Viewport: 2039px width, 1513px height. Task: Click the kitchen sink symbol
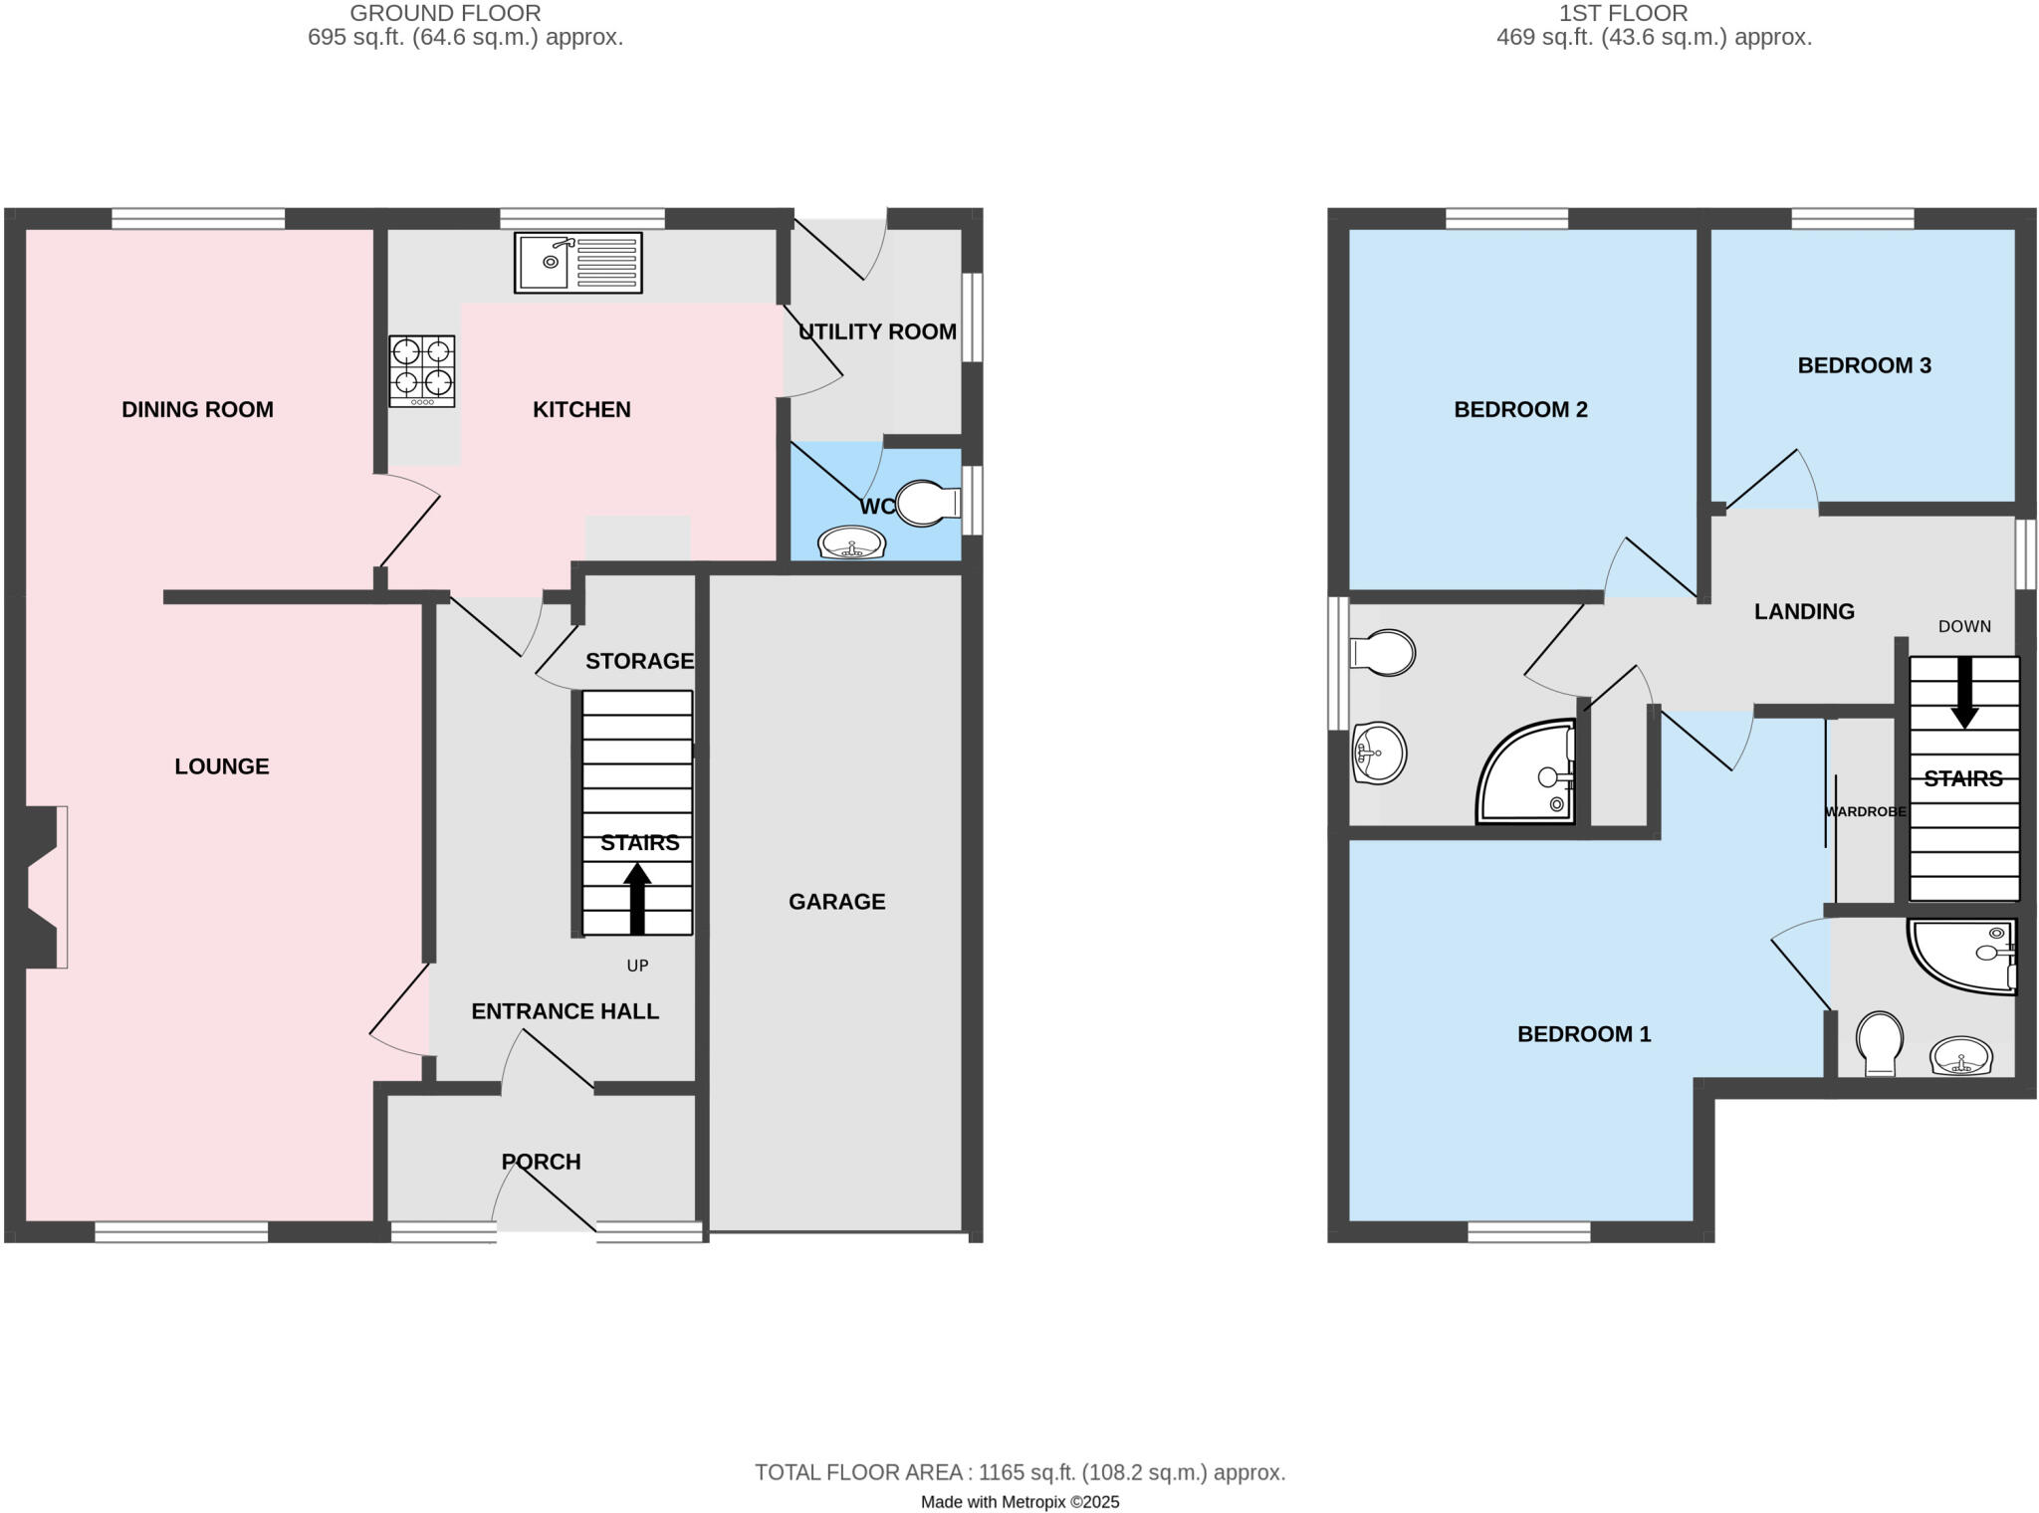(577, 263)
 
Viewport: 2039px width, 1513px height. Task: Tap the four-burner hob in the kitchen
(422, 370)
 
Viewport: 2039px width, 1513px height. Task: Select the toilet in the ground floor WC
(926, 504)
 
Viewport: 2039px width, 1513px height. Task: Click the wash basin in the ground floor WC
(851, 543)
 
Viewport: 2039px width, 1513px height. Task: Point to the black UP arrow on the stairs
(637, 898)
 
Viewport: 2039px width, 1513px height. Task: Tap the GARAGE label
(836, 902)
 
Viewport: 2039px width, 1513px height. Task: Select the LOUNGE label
(222, 766)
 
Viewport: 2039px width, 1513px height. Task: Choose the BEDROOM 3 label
(1864, 365)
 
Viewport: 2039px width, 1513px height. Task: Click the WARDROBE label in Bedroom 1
(1865, 812)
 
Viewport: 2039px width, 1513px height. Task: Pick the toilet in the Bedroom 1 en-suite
(1880, 1043)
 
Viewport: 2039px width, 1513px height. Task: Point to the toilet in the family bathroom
(1384, 653)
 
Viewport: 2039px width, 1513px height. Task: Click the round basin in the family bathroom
(1380, 753)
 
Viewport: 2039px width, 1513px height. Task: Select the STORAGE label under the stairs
(639, 661)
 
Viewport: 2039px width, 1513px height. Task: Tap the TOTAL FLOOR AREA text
(1019, 1472)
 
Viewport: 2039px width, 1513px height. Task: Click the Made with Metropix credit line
(1019, 1502)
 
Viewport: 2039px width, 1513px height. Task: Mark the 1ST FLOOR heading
(1623, 13)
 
